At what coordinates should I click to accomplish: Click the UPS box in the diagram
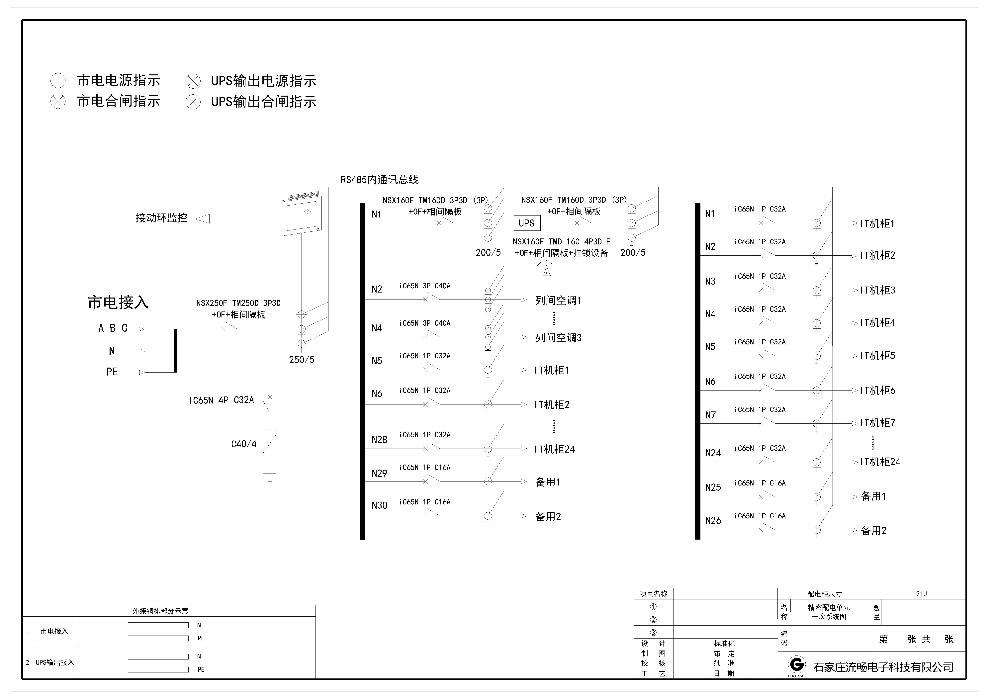526,223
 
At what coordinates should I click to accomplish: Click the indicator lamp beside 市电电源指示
58,81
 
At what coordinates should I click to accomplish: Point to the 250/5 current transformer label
301,360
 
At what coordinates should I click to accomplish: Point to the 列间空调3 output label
558,337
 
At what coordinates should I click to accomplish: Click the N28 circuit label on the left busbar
379,440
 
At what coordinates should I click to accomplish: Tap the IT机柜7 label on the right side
877,423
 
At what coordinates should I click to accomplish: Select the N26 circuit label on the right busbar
713,520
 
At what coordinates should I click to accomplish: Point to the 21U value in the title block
921,593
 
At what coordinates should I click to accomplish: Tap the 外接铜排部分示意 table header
160,611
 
